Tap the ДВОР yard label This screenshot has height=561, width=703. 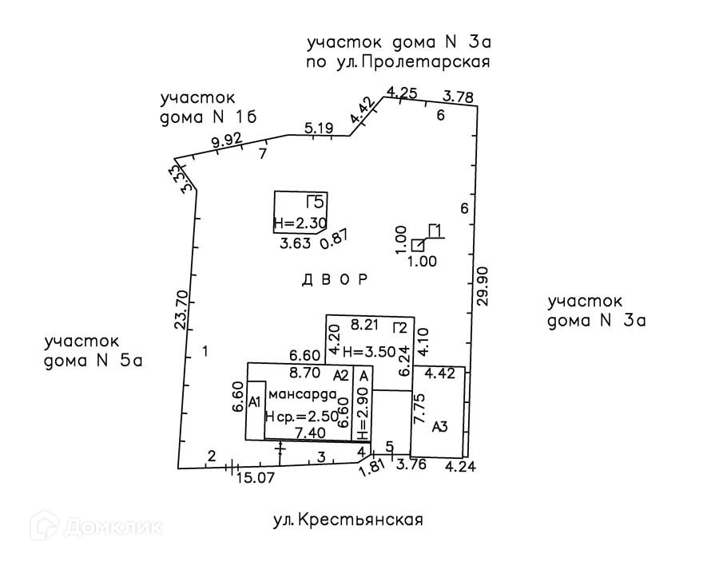[x=335, y=280]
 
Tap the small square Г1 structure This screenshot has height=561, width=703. [x=418, y=245]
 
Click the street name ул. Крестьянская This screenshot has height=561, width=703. [x=348, y=521]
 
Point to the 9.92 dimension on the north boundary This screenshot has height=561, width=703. [x=226, y=142]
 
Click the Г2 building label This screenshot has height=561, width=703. [x=400, y=326]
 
